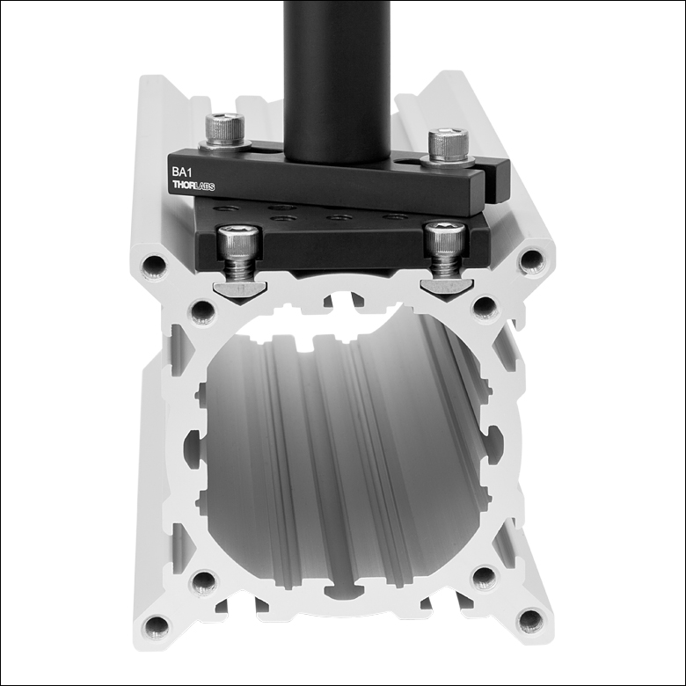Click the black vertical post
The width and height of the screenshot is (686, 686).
(x=337, y=79)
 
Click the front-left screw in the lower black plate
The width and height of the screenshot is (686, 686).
(x=238, y=247)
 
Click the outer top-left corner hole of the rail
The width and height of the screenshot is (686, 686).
(x=156, y=263)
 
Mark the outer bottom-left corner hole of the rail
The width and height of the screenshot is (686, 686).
(x=157, y=626)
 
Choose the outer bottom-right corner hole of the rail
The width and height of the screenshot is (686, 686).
(x=530, y=622)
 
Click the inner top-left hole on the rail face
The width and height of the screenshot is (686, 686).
(x=203, y=310)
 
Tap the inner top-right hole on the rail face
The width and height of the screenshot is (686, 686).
(x=484, y=306)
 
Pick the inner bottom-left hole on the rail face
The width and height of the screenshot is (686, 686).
(x=204, y=580)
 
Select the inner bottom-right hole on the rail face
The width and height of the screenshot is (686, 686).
(x=484, y=577)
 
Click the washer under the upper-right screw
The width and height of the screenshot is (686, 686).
(x=448, y=159)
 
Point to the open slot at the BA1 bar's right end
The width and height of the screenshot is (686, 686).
(x=493, y=176)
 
